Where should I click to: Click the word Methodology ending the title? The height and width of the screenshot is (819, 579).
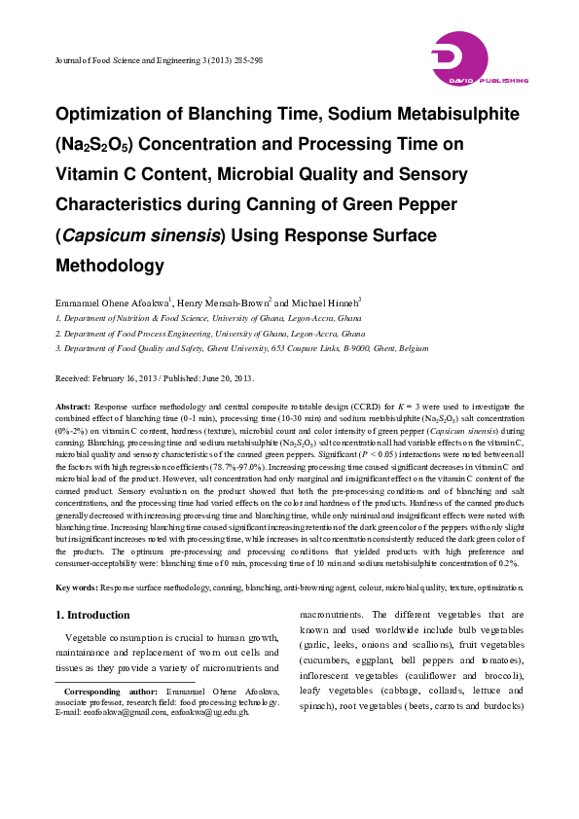(109, 265)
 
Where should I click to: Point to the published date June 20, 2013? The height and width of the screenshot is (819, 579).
(226, 378)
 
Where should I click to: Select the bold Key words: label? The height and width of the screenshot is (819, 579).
(76, 588)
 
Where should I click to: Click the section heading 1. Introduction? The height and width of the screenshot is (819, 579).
(92, 615)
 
